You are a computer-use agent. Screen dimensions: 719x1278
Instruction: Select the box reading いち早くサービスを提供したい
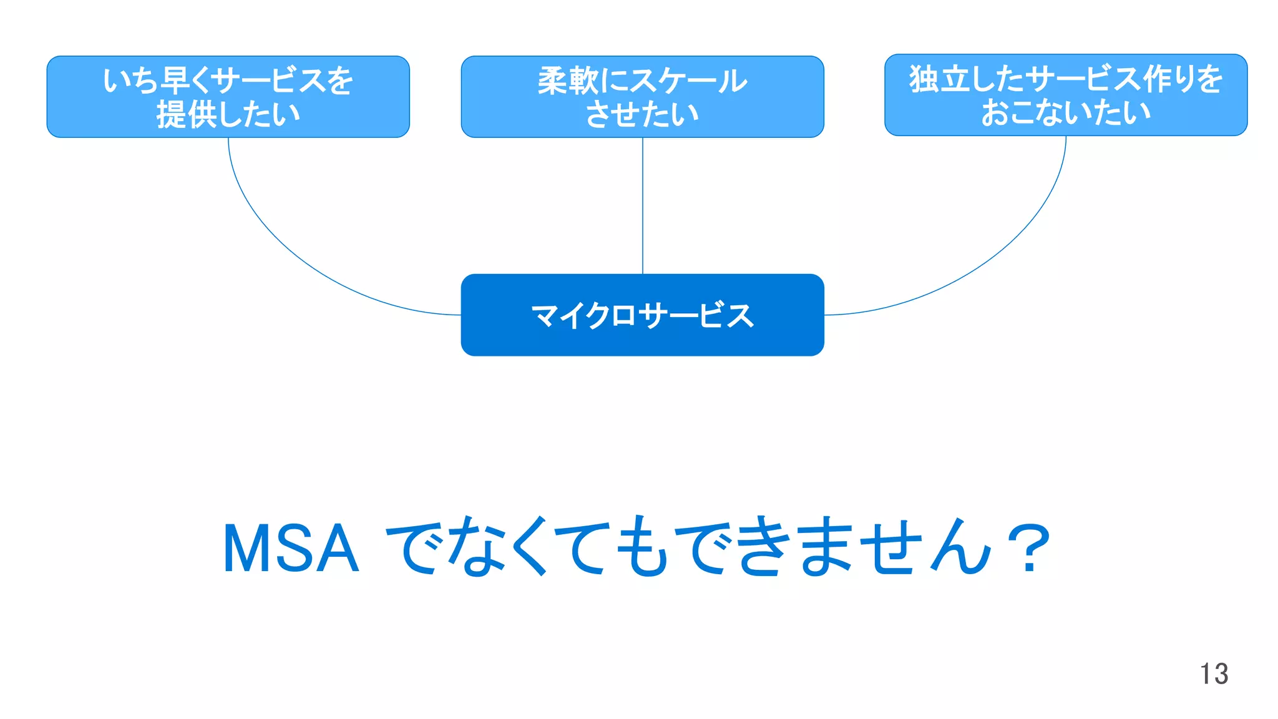228,97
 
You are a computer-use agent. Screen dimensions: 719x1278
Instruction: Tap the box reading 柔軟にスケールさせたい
642,97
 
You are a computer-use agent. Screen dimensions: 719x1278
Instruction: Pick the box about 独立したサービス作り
1065,95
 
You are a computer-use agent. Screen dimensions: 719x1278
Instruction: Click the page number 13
1214,674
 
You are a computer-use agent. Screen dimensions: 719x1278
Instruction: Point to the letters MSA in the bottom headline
291,549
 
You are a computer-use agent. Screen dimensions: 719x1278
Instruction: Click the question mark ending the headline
1028,549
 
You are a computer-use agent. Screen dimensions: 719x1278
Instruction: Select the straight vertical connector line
643,206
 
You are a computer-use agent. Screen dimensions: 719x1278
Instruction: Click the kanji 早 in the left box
175,81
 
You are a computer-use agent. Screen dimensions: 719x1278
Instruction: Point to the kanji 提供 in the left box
186,114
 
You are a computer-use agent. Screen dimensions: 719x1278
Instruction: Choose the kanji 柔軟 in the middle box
568,81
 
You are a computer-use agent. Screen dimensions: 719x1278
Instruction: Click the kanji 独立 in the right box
940,79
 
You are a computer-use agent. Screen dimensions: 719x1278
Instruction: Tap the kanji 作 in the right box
1158,79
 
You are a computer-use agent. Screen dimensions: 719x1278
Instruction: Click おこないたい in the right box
1065,113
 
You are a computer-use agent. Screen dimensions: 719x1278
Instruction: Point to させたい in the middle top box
642,114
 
